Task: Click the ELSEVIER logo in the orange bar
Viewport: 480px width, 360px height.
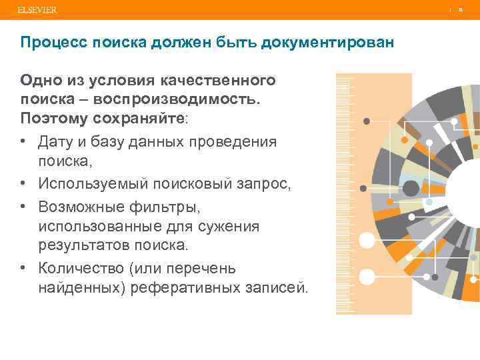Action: point(37,10)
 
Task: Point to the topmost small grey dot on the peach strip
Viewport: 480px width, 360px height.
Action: point(366,121)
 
